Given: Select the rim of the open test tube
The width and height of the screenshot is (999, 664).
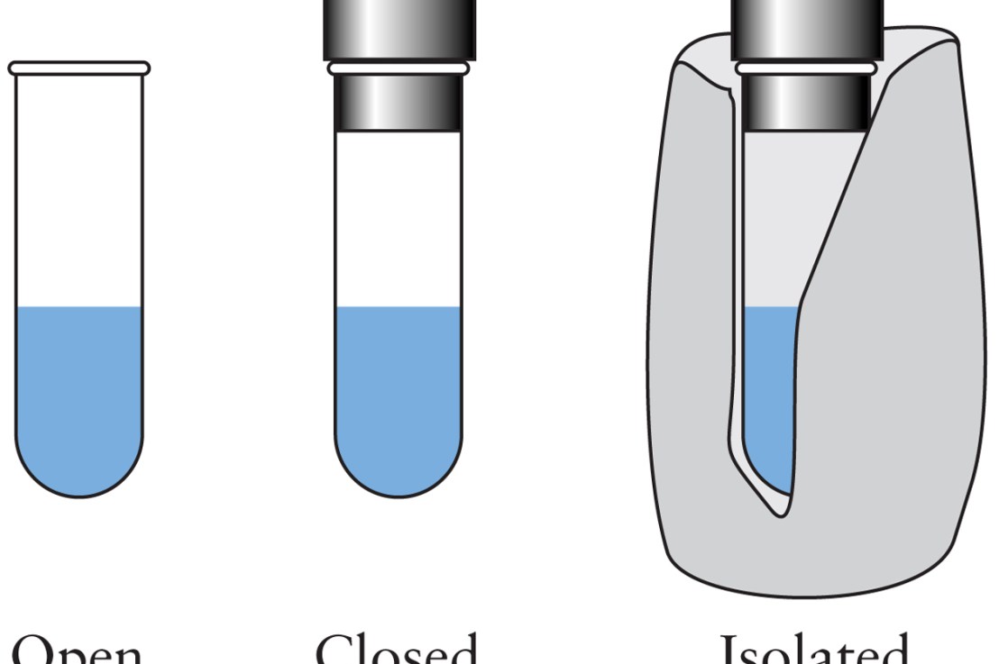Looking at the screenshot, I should pyautogui.click(x=78, y=68).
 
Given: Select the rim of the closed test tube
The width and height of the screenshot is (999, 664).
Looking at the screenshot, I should pyautogui.click(x=398, y=68).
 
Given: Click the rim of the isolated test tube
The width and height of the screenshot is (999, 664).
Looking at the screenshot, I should pyautogui.click(x=805, y=68).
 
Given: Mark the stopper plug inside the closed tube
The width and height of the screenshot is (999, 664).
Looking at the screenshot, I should pyautogui.click(x=398, y=101).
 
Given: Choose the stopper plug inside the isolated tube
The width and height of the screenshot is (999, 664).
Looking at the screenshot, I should pyautogui.click(x=805, y=101).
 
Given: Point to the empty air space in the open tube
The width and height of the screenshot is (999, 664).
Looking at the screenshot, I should pyautogui.click(x=78, y=189).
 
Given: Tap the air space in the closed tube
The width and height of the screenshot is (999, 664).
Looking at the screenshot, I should pyautogui.click(x=398, y=216).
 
